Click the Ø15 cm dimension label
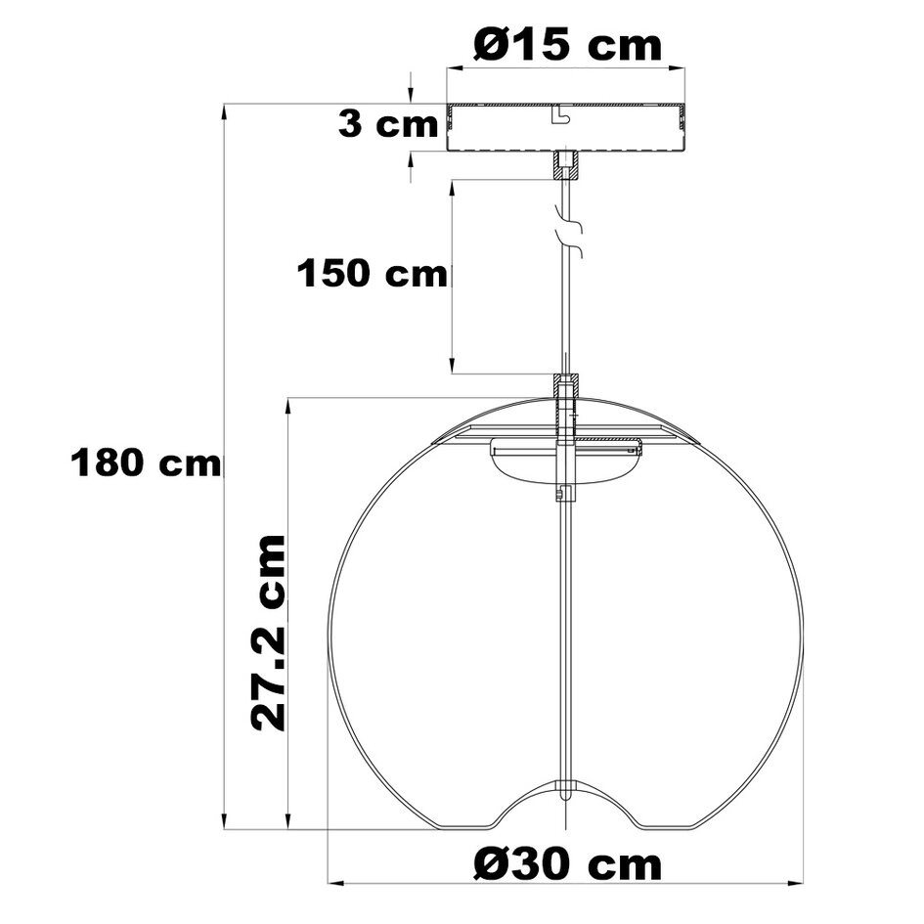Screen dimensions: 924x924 click(566, 45)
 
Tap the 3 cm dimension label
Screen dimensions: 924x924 click(387, 124)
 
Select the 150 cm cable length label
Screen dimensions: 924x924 click(372, 274)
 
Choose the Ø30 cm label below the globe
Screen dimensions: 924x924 click(566, 864)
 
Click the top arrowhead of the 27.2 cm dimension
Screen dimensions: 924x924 click(288, 406)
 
